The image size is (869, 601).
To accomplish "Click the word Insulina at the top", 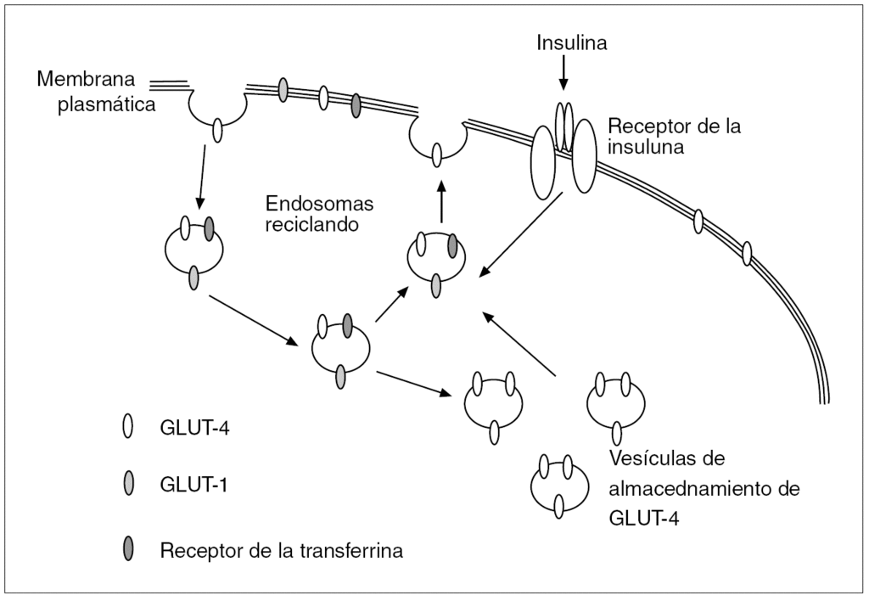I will pyautogui.click(x=571, y=42).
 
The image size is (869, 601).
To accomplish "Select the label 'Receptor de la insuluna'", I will pyautogui.click(x=675, y=136).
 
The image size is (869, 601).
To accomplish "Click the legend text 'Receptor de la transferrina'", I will pyautogui.click(x=281, y=551).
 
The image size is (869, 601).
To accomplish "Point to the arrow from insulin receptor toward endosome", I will pyautogui.click(x=524, y=235).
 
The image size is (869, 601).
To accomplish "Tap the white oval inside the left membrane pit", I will pyautogui.click(x=217, y=130).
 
